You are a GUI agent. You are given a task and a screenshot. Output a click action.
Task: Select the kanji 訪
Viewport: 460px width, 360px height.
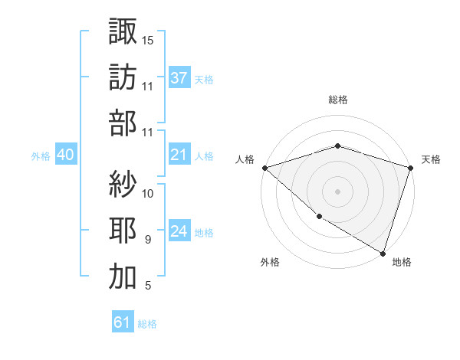123,77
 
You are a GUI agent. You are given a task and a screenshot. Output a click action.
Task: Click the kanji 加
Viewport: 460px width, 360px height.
123,277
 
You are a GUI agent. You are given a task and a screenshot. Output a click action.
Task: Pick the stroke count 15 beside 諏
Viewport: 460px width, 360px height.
148,39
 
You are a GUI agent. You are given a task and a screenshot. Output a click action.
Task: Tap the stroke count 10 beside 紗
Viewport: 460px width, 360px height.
148,192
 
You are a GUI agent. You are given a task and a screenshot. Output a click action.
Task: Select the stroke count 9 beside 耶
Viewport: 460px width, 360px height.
148,240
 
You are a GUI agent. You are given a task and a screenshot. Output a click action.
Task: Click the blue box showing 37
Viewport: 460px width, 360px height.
179,77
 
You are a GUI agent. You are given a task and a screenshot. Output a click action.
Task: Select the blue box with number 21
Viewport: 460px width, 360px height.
179,155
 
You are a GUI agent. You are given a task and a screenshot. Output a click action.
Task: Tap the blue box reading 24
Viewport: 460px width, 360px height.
179,232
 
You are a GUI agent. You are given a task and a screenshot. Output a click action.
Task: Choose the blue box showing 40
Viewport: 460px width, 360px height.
65,155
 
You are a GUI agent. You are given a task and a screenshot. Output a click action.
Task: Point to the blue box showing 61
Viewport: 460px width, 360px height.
122,322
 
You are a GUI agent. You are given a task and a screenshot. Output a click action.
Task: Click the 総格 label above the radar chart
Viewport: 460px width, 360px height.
337,100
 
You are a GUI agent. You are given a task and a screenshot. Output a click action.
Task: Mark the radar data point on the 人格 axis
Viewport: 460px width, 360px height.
264,168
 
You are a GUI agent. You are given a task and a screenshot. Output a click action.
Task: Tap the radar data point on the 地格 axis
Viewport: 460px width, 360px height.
383,253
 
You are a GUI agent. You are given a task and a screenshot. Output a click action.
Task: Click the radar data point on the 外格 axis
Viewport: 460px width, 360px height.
318,218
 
